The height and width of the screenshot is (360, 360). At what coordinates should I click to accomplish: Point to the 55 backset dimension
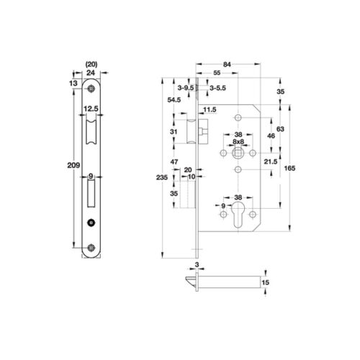click(217, 75)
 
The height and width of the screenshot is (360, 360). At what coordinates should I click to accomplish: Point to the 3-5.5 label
click(218, 88)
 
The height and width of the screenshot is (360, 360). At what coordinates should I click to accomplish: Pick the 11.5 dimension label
click(210, 109)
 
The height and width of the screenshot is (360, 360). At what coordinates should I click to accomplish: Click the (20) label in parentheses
click(91, 63)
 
